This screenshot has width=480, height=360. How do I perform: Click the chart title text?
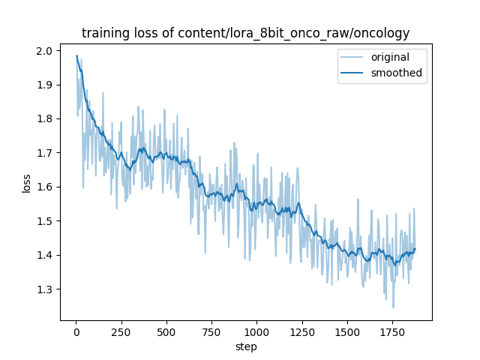point(246,32)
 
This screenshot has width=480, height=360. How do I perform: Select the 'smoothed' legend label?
point(396,73)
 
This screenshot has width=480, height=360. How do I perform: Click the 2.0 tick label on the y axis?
point(45,51)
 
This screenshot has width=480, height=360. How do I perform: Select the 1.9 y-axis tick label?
point(45,85)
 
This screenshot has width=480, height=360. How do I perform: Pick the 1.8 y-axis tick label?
point(45,118)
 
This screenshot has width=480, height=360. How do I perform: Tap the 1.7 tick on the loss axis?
point(45,153)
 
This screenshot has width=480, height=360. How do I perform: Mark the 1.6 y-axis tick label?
point(45,187)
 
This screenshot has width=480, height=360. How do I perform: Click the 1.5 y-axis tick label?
point(45,221)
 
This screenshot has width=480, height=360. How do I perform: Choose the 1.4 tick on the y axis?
point(45,255)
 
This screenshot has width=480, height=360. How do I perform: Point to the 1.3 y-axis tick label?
point(45,289)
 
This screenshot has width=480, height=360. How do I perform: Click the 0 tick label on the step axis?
point(76,330)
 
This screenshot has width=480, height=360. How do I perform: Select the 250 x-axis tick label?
point(121,330)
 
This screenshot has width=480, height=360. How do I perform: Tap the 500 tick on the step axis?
point(166,330)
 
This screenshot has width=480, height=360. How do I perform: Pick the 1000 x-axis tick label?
point(256,330)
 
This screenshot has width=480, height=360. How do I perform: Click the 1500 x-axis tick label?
point(347,330)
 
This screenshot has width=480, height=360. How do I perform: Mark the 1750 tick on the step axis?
point(392,330)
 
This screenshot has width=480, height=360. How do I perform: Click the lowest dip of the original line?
point(393,307)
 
